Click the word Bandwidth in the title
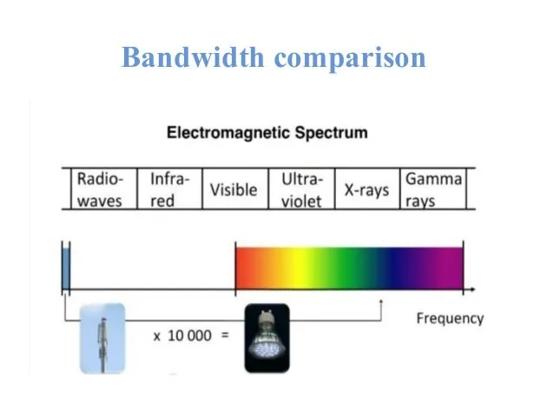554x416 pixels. [193, 57]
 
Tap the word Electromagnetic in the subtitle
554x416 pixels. [228, 133]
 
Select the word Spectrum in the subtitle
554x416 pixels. [332, 134]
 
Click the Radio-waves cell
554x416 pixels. [104, 189]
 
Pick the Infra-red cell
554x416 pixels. [169, 189]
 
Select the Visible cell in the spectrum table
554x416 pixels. [235, 189]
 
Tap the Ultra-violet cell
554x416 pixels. [301, 189]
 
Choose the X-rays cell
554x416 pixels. [367, 189]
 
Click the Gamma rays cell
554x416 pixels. [433, 189]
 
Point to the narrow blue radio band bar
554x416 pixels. [66, 268]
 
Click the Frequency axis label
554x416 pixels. [450, 319]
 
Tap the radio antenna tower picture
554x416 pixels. [102, 338]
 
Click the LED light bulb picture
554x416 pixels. [267, 338]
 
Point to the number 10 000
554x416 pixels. [189, 336]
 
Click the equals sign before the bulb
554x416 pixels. [225, 334]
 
